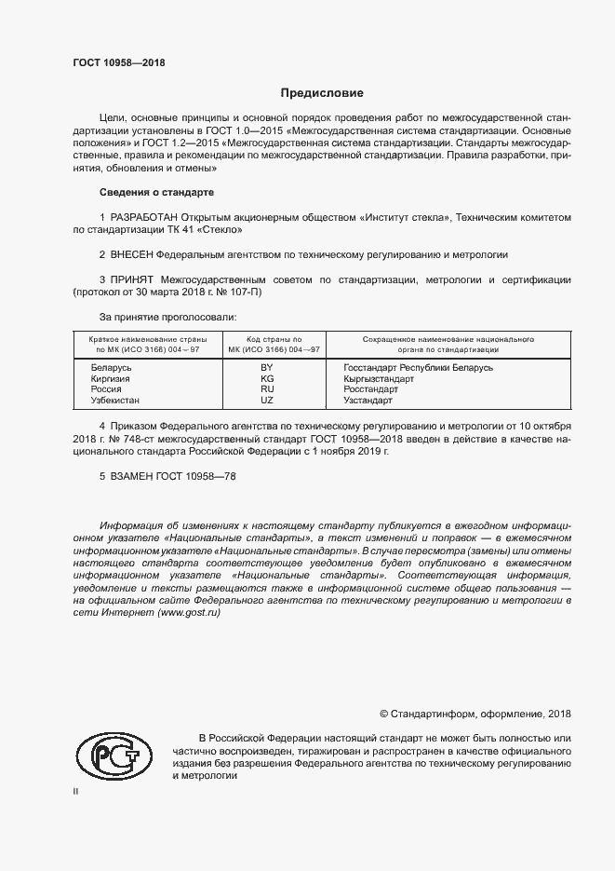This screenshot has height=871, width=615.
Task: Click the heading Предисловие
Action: coord(322,93)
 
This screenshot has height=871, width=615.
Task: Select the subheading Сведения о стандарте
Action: coord(156,193)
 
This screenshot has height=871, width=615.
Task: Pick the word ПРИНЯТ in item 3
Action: coord(133,279)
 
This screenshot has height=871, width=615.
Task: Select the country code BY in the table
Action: coord(267,369)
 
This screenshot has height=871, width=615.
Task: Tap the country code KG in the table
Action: coord(267,379)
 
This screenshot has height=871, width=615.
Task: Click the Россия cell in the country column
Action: coord(106,389)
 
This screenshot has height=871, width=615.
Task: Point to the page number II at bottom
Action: coord(76,791)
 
